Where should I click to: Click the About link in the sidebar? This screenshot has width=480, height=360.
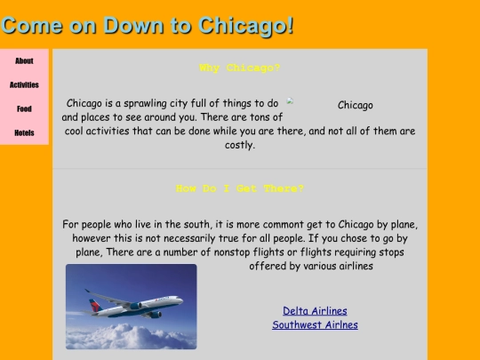(24, 61)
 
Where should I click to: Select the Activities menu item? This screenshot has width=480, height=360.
(24, 85)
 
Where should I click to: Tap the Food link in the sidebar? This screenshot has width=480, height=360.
(24, 109)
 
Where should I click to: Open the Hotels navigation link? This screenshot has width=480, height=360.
(24, 133)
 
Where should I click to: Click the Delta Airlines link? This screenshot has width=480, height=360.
(315, 311)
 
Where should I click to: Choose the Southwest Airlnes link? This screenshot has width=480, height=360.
(315, 325)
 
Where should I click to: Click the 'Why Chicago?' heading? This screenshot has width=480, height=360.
(240, 68)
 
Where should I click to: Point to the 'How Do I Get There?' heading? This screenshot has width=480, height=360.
(240, 188)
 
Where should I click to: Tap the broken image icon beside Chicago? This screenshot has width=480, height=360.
(291, 102)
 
